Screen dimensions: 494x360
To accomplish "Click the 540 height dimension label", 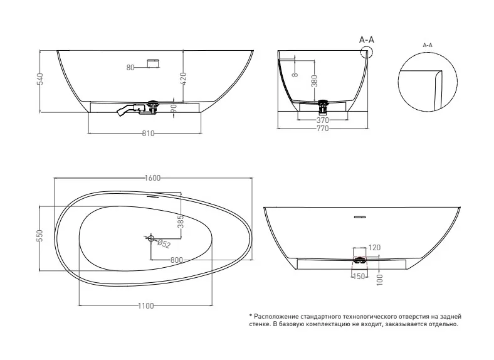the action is [x=40, y=79].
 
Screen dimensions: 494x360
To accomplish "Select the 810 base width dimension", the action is [x=148, y=134].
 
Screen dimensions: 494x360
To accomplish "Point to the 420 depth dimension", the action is [x=183, y=78].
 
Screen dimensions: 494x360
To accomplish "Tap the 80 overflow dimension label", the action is [x=130, y=68].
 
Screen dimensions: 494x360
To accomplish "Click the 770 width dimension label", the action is [x=322, y=129].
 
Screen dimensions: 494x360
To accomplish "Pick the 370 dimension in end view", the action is [x=323, y=120].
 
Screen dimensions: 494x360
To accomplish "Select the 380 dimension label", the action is [x=314, y=81].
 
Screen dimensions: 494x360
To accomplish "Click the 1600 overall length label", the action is [x=153, y=178].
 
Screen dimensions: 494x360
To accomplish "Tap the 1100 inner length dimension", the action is [x=146, y=306].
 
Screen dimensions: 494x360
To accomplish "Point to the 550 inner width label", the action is [x=39, y=236].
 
